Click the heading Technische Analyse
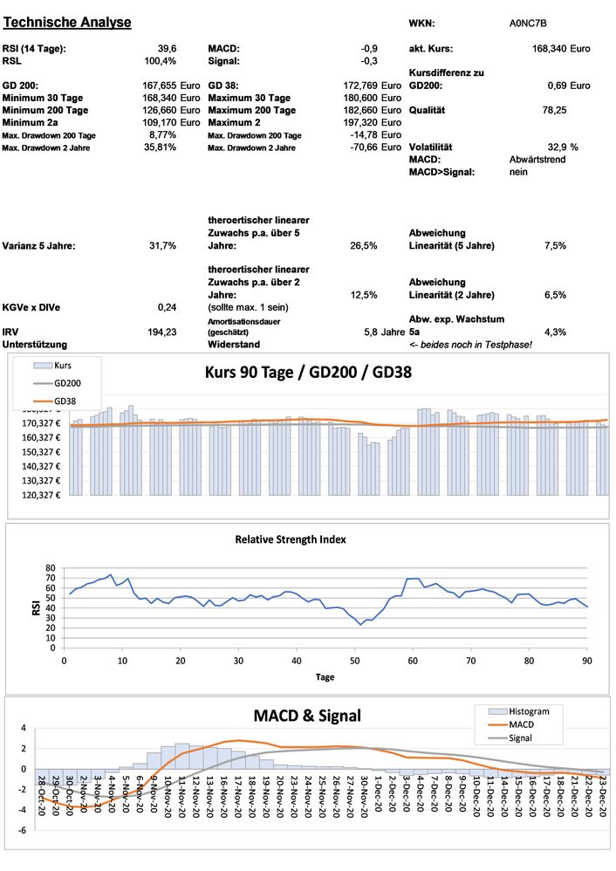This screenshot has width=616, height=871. (x=67, y=22)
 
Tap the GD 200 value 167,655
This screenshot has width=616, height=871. (x=160, y=86)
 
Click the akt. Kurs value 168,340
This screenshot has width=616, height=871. (x=548, y=49)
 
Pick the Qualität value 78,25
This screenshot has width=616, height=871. (x=554, y=111)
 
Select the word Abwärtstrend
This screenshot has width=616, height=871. (x=537, y=161)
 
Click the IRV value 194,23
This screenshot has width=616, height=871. (x=163, y=333)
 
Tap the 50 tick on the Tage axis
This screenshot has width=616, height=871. (x=354, y=661)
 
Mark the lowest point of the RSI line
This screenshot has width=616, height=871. (x=360, y=625)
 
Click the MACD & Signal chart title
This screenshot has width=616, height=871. (x=306, y=716)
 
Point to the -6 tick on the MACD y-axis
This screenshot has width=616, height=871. (x=24, y=830)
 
